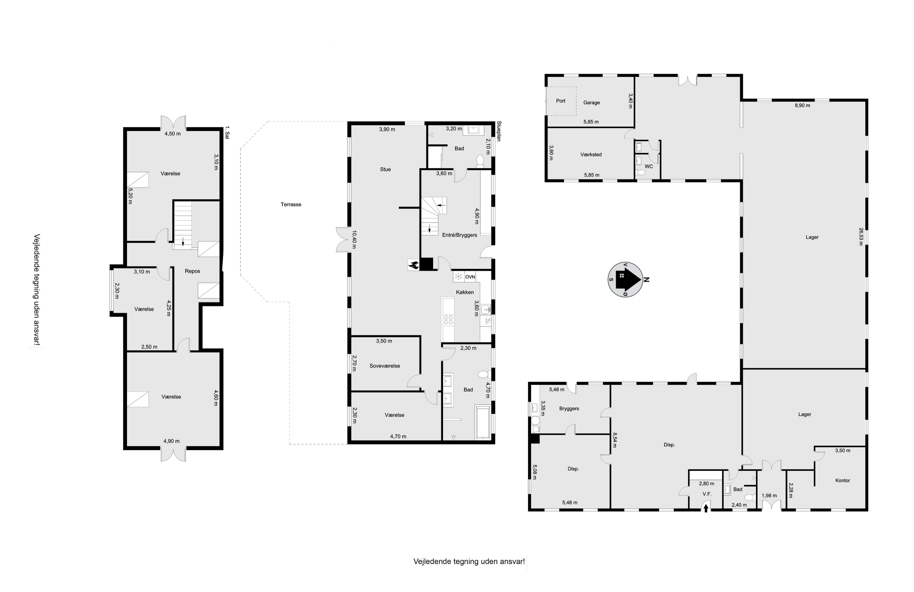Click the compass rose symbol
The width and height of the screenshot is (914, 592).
(x=625, y=280)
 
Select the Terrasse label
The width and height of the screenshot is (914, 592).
(x=291, y=205)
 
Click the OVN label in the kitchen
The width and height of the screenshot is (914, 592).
(x=470, y=277)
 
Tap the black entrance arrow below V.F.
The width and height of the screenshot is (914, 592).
(x=706, y=508)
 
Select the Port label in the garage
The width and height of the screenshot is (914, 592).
(x=561, y=101)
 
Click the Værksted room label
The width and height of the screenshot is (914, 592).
(x=591, y=155)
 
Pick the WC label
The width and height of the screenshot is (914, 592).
(x=649, y=167)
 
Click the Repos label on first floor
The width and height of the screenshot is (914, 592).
(x=193, y=271)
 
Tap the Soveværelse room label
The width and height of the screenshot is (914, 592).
(x=385, y=366)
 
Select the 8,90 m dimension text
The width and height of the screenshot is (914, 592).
(x=802, y=105)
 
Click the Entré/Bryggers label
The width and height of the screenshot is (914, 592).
(x=459, y=235)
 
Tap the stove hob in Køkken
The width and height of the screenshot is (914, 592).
(x=448, y=320)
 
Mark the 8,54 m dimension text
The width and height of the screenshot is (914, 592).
(x=615, y=440)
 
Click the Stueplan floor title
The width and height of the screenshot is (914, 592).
(x=499, y=131)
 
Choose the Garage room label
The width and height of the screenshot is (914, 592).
(x=591, y=103)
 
